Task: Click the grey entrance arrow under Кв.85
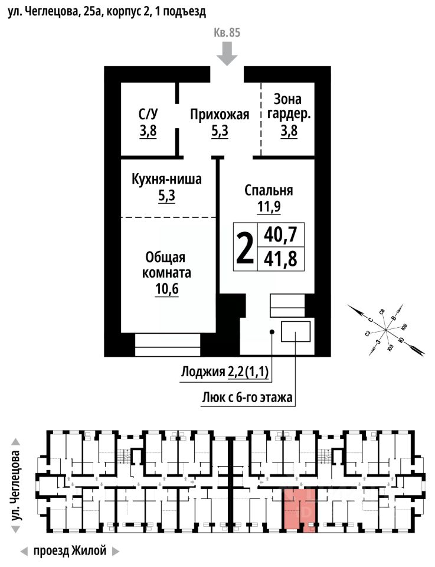coord(227,56)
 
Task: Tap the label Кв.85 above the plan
coord(227,33)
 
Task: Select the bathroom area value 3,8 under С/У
coord(148,131)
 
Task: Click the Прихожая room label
coord(220,115)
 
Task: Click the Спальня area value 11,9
coord(269,207)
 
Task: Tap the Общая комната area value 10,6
coord(166,289)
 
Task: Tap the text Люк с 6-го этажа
coord(247,397)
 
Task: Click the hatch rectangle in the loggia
coord(296,332)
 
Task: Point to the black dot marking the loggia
coord(272,332)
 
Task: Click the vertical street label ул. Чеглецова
coord(17,485)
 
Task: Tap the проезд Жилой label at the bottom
coord(70,552)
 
